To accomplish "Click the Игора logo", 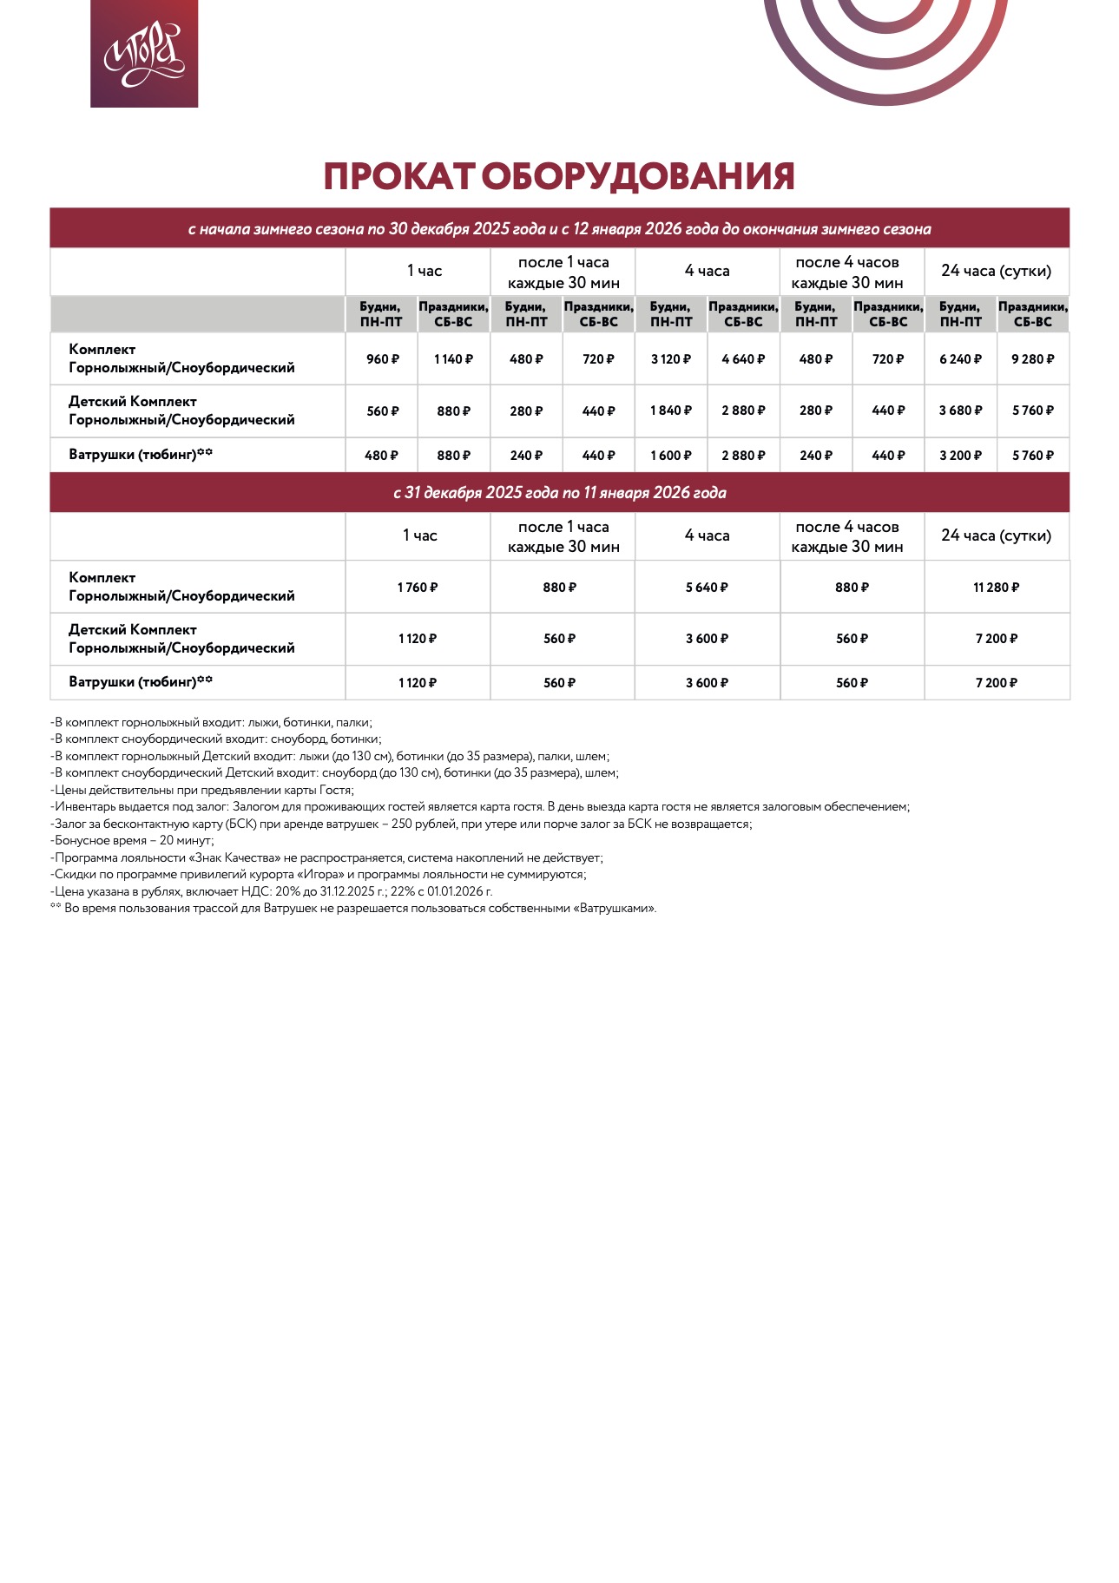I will tap(144, 54).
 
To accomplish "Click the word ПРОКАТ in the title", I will tap(398, 176).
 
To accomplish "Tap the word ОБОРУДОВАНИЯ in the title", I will tap(637, 176).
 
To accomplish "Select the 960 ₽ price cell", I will tap(382, 359).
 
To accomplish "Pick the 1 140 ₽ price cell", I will tap(453, 359).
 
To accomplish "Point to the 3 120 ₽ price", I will tap(671, 359).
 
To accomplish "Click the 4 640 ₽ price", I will tap(743, 359).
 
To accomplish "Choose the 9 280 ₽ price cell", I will tap(1032, 359).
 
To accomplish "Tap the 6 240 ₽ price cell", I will tap(960, 359).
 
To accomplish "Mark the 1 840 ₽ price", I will tap(671, 411).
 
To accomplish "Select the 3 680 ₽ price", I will tap(960, 411).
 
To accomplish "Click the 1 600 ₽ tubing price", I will tap(671, 456).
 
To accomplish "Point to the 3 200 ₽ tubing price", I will tap(960, 456).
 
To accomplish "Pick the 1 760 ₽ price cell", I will tap(418, 588).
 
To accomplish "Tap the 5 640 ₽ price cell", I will tap(707, 588).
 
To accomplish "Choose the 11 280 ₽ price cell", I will tap(996, 588).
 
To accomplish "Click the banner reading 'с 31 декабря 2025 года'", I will tap(559, 493).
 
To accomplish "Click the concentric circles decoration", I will tap(885, 43).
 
